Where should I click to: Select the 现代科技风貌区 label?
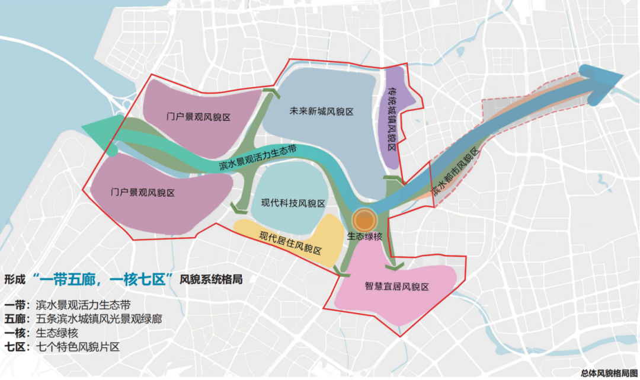pos(293,203)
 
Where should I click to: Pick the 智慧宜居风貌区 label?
pos(396,287)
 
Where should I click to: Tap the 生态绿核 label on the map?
pos(365,236)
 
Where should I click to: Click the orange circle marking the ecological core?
pos(366,220)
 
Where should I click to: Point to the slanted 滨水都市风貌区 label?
pos(455,174)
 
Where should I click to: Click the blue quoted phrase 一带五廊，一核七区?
pos(103,279)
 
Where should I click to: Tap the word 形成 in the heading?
pos(16,279)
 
